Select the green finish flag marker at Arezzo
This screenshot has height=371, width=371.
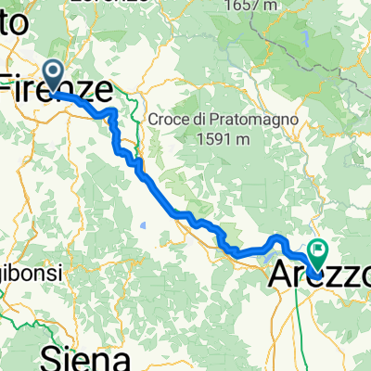coord(319,249)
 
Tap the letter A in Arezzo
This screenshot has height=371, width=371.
coord(281,276)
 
